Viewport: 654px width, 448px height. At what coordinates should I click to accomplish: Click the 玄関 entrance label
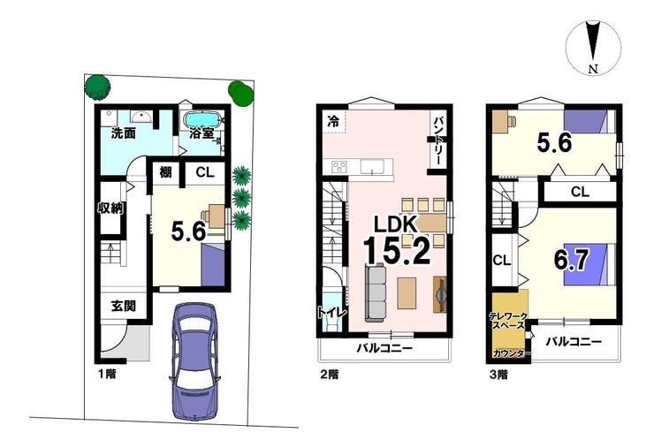(124, 306)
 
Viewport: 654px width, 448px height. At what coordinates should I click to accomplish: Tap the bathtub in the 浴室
(202, 119)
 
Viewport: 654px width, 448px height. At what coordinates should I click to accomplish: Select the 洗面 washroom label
(124, 133)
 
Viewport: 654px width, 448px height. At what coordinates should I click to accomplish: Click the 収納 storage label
(110, 208)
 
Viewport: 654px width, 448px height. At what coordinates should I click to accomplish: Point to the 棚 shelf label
(165, 171)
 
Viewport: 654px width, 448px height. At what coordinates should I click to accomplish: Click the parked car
(195, 361)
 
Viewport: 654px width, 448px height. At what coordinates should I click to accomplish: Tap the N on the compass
(593, 69)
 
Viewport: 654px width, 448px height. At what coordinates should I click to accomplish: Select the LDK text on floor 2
(395, 224)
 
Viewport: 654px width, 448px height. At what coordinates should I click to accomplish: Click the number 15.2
(397, 250)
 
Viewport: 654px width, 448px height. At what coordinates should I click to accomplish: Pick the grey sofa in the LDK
(375, 292)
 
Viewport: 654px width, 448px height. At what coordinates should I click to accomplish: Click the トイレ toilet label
(331, 313)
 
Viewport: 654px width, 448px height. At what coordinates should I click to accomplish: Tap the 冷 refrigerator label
(333, 121)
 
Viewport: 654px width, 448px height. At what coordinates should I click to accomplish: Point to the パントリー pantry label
(438, 140)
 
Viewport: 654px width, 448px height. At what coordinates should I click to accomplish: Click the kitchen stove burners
(339, 167)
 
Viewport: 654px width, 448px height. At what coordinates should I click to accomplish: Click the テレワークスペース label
(508, 321)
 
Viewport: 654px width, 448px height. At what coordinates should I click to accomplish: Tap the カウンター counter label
(509, 353)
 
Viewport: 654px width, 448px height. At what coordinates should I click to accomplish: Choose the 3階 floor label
(498, 375)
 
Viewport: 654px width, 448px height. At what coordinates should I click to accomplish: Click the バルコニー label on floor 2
(384, 348)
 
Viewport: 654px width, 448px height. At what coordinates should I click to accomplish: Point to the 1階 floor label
(107, 374)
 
